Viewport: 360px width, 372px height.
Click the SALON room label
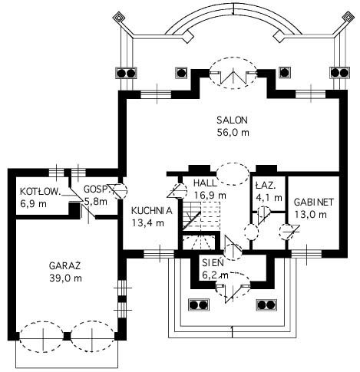point(233,120)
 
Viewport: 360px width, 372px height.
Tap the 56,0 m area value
point(233,133)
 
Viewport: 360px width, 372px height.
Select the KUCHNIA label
point(152,211)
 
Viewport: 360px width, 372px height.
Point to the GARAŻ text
point(65,266)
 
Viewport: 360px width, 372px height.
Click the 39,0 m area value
point(66,278)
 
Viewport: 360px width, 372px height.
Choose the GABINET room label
point(314,202)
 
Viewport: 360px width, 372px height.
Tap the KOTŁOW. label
point(41,191)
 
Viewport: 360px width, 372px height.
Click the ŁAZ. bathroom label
point(266,185)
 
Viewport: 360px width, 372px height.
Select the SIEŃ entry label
point(213,262)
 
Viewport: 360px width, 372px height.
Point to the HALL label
point(205,183)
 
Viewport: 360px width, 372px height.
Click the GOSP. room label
point(96,189)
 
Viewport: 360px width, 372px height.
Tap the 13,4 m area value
point(148,223)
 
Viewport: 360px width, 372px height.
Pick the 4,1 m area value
point(269,198)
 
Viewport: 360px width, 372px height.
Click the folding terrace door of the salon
point(233,76)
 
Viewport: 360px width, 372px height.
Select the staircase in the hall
point(201,216)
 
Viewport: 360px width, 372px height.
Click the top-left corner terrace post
point(118,18)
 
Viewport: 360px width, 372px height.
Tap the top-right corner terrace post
point(348,18)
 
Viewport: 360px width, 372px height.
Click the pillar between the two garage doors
point(67,336)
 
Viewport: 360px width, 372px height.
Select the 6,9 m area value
point(33,204)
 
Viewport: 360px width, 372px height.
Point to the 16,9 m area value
point(210,196)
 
